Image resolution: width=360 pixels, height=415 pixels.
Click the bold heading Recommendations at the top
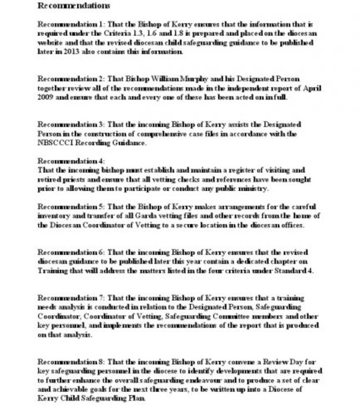pos(73,6)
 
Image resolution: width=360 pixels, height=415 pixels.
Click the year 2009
pos(47,98)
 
